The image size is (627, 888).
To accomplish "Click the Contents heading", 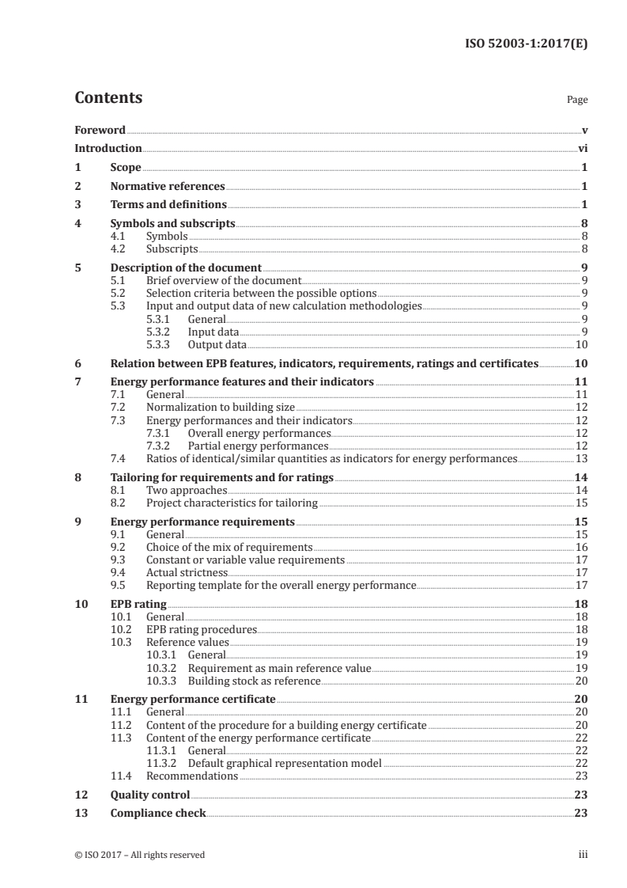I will (x=108, y=99).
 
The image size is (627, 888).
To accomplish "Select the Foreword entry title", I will (x=100, y=130).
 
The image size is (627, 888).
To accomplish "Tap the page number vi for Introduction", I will (x=582, y=148).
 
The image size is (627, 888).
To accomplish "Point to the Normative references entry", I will (x=168, y=187).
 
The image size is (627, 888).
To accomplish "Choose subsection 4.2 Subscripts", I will (x=172, y=249).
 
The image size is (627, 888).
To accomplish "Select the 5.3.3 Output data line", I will (x=217, y=345).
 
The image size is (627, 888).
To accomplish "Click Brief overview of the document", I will (x=223, y=280).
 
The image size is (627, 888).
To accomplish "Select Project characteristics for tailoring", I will (x=232, y=503).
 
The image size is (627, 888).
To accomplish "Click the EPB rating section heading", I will (x=138, y=604).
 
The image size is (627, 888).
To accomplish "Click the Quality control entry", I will (x=150, y=795).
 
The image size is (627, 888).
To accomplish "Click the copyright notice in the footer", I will (x=139, y=855).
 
